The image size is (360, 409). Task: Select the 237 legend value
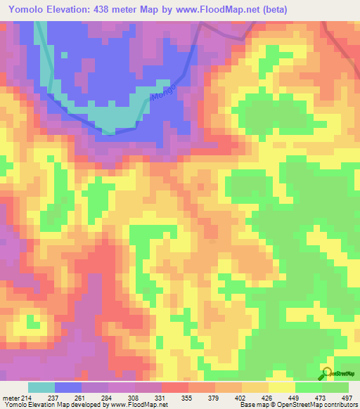(55, 398)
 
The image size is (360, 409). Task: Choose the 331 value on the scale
(162, 398)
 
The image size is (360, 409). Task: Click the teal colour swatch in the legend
(41, 387)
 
